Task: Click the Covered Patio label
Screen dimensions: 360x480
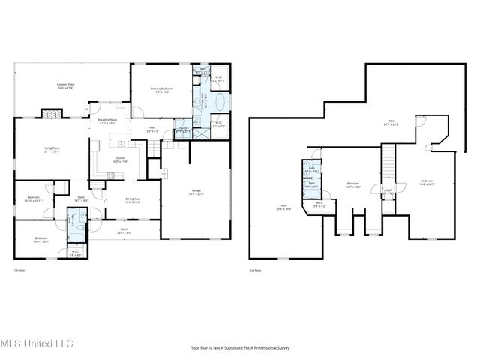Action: (66, 86)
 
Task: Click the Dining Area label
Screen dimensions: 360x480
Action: (133, 200)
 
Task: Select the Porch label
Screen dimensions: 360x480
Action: (123, 232)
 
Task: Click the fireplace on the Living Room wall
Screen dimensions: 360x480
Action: (50, 115)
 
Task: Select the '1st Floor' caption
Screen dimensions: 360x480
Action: (20, 269)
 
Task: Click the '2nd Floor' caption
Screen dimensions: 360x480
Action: (256, 269)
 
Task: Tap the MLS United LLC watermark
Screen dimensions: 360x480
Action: (37, 343)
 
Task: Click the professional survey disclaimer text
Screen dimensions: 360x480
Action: (239, 347)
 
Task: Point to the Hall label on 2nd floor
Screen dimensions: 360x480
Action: (388, 191)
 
